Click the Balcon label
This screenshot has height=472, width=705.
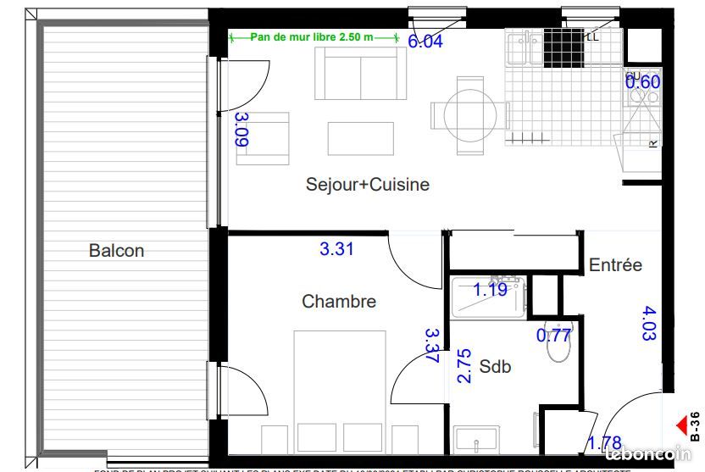(117, 251)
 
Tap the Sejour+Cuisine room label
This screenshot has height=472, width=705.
(368, 184)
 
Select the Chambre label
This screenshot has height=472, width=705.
(339, 301)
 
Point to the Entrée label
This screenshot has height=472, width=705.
(615, 265)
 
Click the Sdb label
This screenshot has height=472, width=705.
(495, 367)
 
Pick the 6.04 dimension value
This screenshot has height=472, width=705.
(425, 42)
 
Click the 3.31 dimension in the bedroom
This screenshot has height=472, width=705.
(336, 249)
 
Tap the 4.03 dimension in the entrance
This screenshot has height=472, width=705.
(650, 323)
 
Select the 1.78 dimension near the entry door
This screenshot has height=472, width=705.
(605, 443)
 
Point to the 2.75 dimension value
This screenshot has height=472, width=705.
(464, 366)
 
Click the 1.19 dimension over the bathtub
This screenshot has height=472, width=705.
(490, 290)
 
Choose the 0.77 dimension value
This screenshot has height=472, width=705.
(554, 335)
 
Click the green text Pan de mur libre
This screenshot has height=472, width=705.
(314, 38)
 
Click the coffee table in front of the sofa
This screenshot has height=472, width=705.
(361, 138)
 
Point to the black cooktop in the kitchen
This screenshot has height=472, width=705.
(563, 47)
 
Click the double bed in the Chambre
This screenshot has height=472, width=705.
(339, 390)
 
